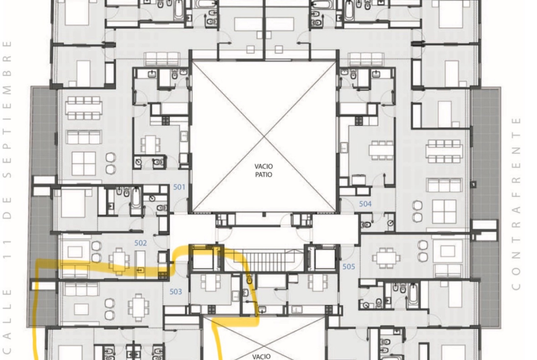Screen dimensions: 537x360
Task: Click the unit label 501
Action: coord(179,187)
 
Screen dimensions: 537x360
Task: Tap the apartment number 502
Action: coord(140,243)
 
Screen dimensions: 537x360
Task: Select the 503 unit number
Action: coord(176,292)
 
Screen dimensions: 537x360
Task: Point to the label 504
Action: coord(365,204)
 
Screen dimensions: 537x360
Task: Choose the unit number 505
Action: coord(349,266)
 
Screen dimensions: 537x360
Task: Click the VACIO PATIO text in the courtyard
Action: coord(264,171)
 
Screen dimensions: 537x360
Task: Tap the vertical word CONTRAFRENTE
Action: coord(516,204)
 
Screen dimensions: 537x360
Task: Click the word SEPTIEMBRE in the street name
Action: coord(7,110)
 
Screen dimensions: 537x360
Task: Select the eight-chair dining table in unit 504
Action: coord(443,151)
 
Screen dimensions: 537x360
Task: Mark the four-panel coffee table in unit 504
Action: coord(444,211)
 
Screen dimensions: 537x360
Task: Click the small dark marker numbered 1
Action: coord(473,185)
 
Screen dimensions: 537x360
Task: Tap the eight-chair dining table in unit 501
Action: coord(84,108)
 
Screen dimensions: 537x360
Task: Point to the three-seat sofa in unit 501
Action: coord(84,137)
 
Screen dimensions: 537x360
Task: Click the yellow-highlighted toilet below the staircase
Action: coord(249,280)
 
